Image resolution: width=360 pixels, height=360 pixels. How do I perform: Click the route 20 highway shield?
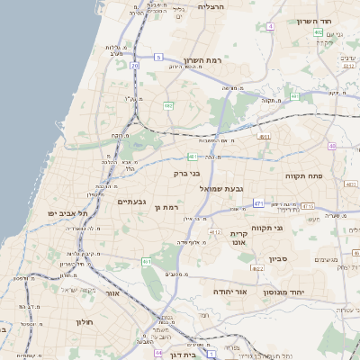(x=134, y=66)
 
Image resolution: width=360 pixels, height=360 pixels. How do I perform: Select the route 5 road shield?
(x=158, y=58)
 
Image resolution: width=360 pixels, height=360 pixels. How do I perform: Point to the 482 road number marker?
(x=168, y=106)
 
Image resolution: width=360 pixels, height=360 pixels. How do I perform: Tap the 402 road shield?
(x=319, y=32)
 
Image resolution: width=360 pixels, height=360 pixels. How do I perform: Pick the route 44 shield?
(x=159, y=353)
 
